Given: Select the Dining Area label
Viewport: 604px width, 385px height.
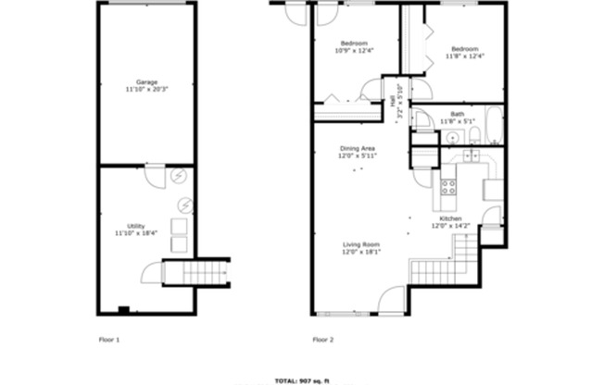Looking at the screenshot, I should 356,148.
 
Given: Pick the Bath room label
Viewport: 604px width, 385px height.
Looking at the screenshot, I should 457,114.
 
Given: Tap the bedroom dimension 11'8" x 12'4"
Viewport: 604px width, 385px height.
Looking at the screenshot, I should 464,56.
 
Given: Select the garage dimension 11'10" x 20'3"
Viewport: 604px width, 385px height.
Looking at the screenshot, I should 145,89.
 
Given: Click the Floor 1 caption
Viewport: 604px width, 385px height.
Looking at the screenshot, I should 109,340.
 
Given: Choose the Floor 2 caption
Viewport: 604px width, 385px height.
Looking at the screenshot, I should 323,340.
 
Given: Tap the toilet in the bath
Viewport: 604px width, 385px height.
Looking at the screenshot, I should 472,137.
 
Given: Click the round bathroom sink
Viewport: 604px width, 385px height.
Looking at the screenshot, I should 451,137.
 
